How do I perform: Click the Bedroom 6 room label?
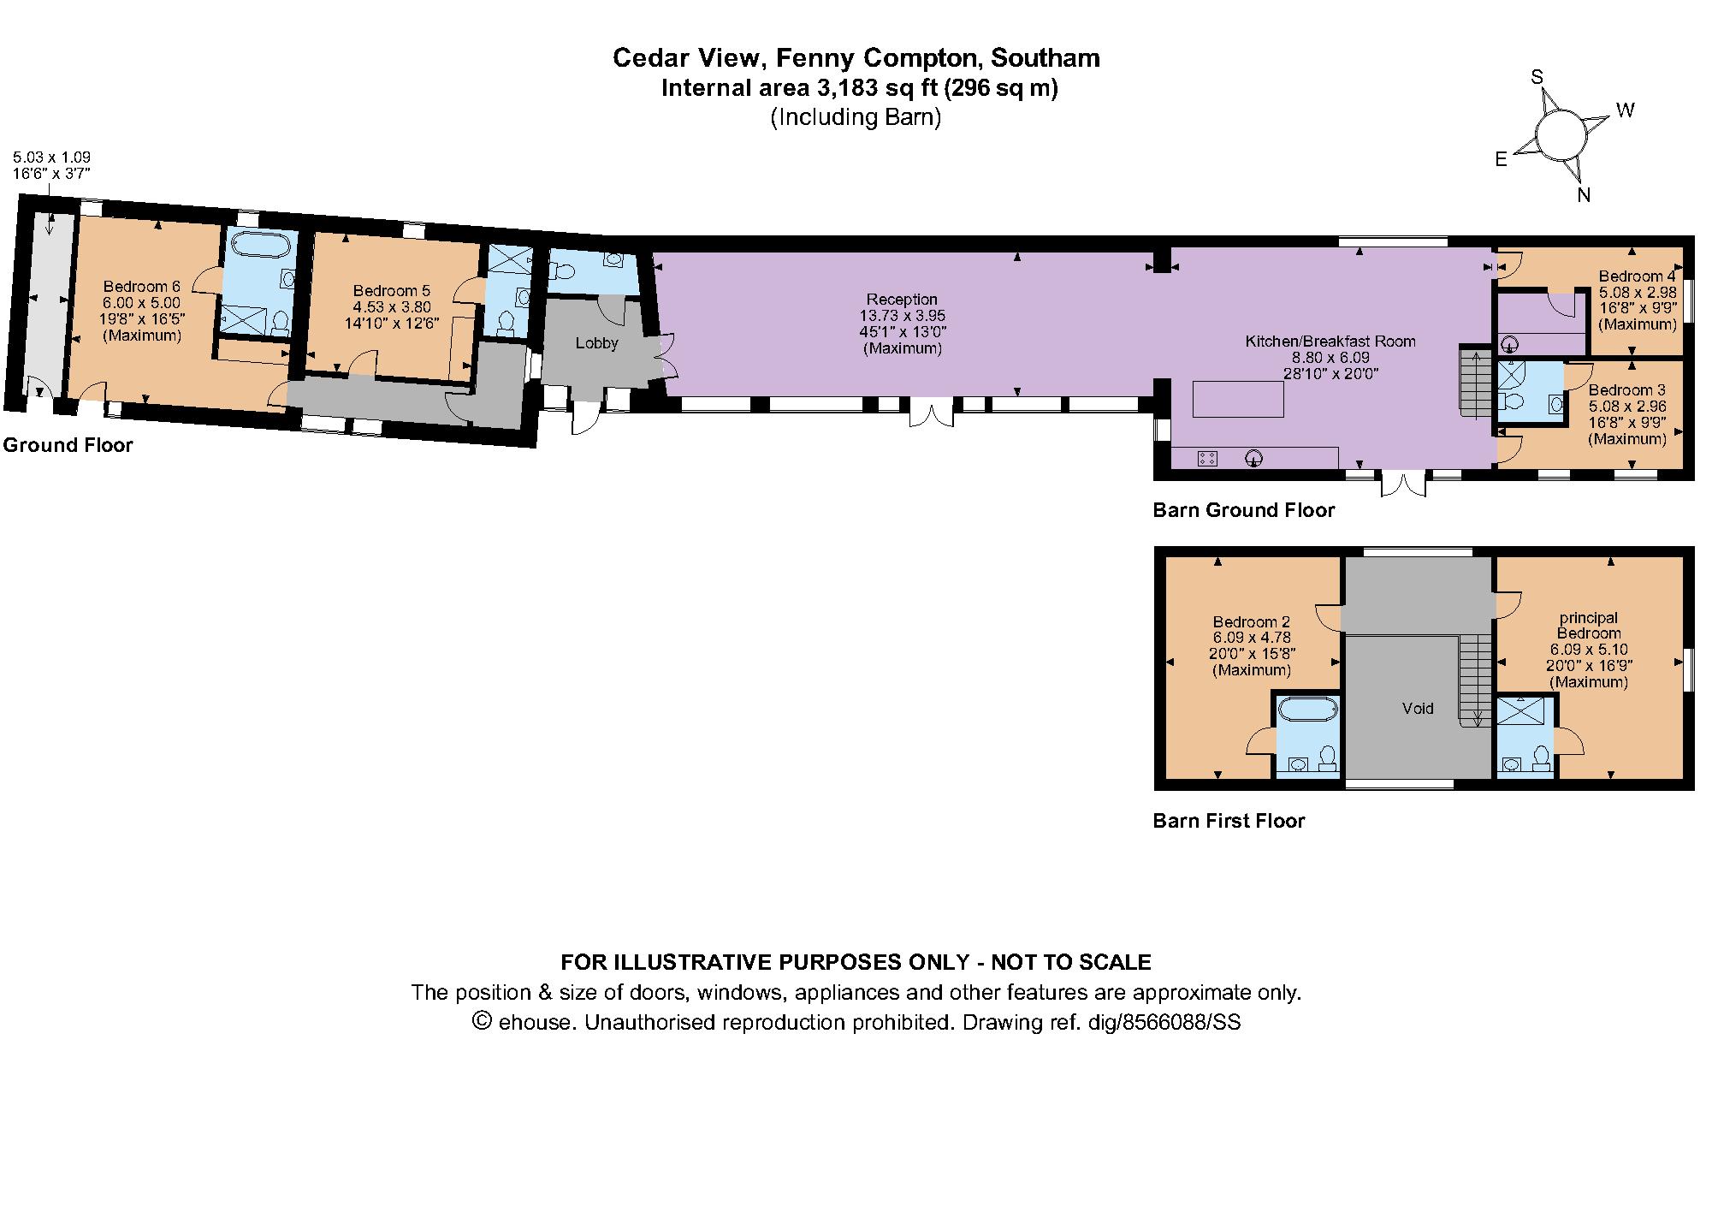point(142,286)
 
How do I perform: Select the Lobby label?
point(596,343)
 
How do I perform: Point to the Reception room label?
point(902,300)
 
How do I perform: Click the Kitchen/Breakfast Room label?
point(1330,342)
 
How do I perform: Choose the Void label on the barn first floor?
point(1418,709)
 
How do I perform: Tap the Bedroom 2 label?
point(1252,622)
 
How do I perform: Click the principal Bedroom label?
point(1589,626)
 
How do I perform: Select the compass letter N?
point(1584,195)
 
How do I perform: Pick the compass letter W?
point(1625,110)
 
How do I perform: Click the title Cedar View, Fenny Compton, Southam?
point(856,58)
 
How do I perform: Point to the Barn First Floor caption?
point(1229,821)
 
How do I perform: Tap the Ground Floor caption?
point(68,445)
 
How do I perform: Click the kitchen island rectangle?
point(1238,399)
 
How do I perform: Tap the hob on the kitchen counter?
point(1208,458)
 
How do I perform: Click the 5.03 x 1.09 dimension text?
point(51,157)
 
